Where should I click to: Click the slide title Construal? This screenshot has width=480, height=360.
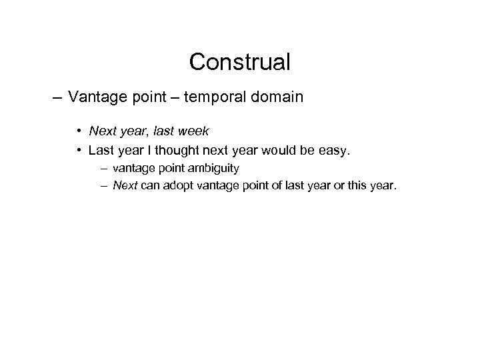coord(239,62)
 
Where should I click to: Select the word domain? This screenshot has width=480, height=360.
coord(277,98)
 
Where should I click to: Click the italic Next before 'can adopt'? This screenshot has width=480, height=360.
coord(125,185)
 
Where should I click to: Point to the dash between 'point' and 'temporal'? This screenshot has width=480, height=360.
coord(172,98)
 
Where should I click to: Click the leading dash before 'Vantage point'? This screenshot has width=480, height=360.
coord(57,98)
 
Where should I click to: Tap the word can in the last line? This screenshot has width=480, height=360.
coord(148,185)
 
